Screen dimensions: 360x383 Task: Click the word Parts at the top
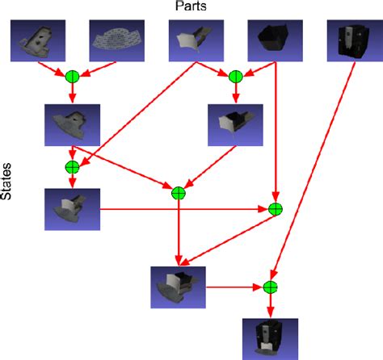click(x=191, y=6)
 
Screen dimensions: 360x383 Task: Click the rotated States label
click(x=7, y=182)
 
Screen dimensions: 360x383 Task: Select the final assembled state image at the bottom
click(x=271, y=337)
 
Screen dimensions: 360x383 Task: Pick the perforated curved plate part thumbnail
click(x=112, y=40)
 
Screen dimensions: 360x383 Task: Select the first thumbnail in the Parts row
click(x=35, y=40)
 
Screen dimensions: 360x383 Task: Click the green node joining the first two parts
click(x=72, y=77)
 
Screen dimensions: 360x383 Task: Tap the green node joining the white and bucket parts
click(x=235, y=77)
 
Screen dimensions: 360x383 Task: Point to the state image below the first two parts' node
click(x=73, y=123)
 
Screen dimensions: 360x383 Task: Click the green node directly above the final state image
click(x=271, y=287)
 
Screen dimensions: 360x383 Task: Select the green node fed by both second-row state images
click(x=179, y=192)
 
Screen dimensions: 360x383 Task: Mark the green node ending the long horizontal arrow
click(x=275, y=209)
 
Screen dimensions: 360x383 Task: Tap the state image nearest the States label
click(x=73, y=209)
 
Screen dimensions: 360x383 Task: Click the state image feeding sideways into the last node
click(x=179, y=287)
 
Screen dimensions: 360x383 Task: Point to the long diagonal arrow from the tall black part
click(x=315, y=170)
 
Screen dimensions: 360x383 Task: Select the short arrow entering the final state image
click(x=271, y=305)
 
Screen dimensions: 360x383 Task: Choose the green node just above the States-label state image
click(x=72, y=167)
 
